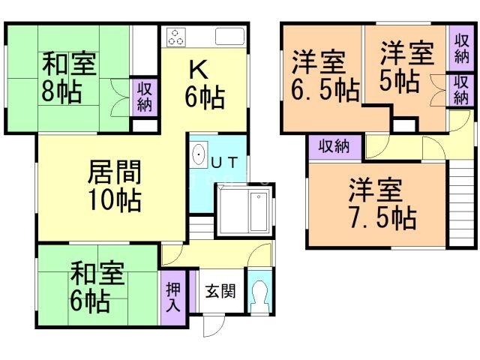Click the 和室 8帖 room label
point(69,77)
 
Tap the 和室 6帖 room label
point(97,287)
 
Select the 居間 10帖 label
point(115,186)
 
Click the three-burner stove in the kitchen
point(177,37)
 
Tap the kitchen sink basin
point(230,37)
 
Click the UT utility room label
point(224,162)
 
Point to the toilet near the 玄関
point(259,295)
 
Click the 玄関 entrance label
point(220,291)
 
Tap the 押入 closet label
point(173,297)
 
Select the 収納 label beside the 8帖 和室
point(144,97)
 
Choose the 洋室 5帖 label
point(406,67)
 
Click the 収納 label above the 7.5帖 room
point(334,146)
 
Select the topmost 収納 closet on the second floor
point(462,48)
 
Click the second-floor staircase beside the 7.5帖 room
point(462,203)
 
